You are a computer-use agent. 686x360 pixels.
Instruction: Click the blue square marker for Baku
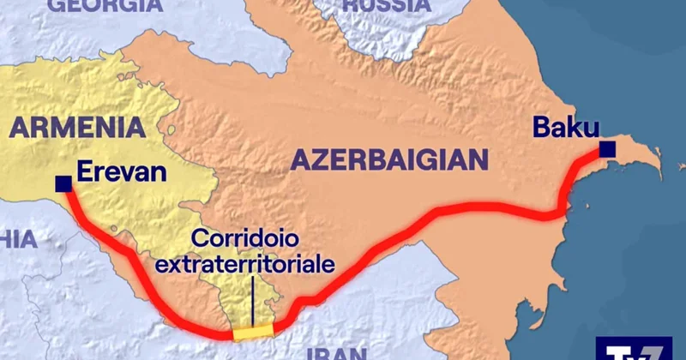click(x=607, y=150)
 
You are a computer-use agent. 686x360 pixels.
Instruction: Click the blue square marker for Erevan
click(x=63, y=183)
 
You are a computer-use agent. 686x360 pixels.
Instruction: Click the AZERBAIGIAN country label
click(x=389, y=159)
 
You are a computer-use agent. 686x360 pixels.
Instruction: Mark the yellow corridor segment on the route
click(x=254, y=332)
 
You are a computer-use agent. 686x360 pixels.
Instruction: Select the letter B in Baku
click(x=543, y=127)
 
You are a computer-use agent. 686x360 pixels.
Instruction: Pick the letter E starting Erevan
click(x=84, y=172)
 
